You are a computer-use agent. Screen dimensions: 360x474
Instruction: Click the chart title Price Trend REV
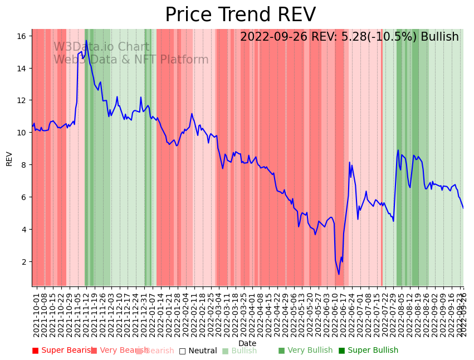pyautogui.click(x=240, y=15)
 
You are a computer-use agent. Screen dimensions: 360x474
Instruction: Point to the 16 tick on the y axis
pyautogui.click(x=22, y=36)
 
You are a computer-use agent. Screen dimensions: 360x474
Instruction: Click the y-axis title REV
pyautogui.click(x=9, y=158)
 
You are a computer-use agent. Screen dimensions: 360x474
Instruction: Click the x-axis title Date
pyautogui.click(x=247, y=343)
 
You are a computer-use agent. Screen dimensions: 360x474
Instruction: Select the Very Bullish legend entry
pyautogui.click(x=305, y=351)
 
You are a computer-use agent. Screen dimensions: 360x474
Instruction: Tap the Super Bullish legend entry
pyautogui.click(x=368, y=351)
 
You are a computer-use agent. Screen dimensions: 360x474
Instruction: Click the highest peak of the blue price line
pyautogui.click(x=86, y=41)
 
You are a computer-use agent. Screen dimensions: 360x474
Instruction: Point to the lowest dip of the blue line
pyautogui.click(x=339, y=274)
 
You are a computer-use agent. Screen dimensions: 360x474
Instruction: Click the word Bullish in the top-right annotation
pyautogui.click(x=439, y=37)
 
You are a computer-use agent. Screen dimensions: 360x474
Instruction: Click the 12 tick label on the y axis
pyautogui.click(x=22, y=100)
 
